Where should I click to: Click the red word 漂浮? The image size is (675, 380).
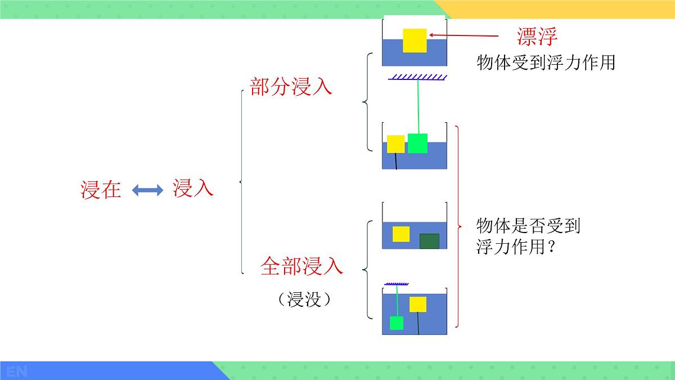click(x=537, y=36)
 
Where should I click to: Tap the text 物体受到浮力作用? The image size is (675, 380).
click(x=546, y=62)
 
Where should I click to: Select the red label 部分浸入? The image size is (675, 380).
click(x=291, y=87)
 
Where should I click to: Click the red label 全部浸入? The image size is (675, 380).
click(x=301, y=266)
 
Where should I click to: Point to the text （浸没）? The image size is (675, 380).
click(x=304, y=299)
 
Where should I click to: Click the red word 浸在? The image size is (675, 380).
click(x=101, y=190)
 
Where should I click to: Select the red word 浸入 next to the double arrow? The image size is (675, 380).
click(x=193, y=189)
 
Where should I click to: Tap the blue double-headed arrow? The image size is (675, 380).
click(x=147, y=190)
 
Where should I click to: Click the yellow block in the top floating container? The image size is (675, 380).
click(x=415, y=40)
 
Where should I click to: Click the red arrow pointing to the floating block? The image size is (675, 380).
click(x=464, y=36)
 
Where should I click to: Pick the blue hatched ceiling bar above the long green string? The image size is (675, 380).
click(x=417, y=77)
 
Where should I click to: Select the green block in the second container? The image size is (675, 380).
click(x=417, y=143)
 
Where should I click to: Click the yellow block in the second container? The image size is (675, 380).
click(x=396, y=144)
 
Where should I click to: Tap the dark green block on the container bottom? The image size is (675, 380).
click(x=429, y=241)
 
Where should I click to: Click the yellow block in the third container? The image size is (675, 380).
click(x=401, y=234)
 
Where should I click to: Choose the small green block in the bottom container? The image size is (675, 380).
click(x=397, y=323)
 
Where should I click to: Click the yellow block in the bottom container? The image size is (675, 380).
click(x=418, y=304)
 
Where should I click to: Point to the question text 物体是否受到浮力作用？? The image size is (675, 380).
click(x=527, y=236)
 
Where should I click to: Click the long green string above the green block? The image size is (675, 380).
click(x=418, y=107)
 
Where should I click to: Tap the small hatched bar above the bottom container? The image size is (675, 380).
click(x=397, y=283)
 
